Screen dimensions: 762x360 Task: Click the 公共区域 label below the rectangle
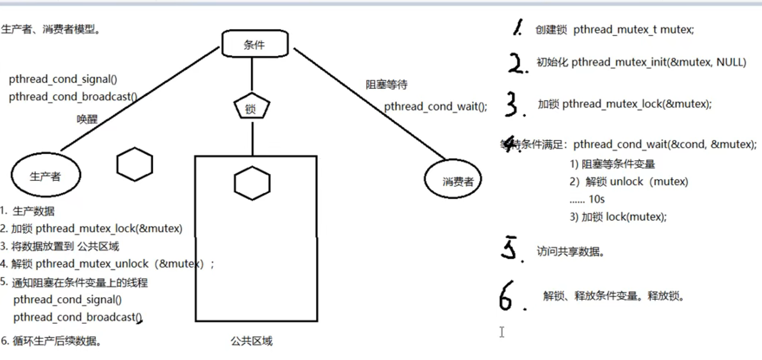[x=251, y=341]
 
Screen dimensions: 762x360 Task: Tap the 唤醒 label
[x=87, y=119]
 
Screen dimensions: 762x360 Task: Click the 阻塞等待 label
[x=386, y=84]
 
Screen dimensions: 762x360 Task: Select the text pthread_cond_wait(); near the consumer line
[x=436, y=107]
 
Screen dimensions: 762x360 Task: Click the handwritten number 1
[x=518, y=27]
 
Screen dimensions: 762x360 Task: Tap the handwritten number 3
[x=513, y=104]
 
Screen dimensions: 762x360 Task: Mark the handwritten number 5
[x=510, y=248]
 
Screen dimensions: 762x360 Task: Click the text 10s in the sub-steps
[x=597, y=199]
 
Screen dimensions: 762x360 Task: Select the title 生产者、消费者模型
[x=51, y=29]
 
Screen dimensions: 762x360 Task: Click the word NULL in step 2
[x=729, y=62]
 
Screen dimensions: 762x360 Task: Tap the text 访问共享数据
[x=570, y=252]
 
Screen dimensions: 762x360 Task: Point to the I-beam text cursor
[x=502, y=332]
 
